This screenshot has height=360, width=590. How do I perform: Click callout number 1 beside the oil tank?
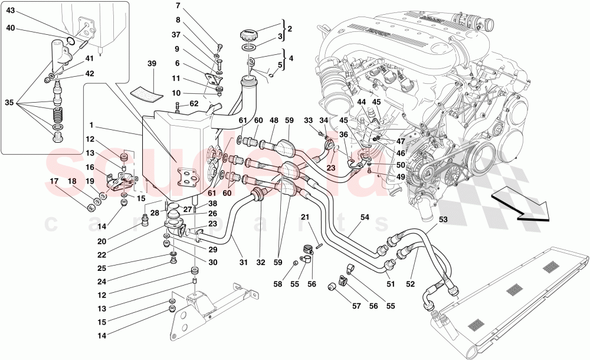(93, 126)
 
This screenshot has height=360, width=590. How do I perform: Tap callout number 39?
(151, 64)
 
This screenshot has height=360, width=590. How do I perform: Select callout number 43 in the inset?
(11, 11)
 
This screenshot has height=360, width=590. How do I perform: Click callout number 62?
(194, 104)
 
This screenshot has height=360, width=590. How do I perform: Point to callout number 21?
(305, 217)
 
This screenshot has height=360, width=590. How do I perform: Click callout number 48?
(274, 121)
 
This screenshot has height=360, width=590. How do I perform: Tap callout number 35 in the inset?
(10, 102)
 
